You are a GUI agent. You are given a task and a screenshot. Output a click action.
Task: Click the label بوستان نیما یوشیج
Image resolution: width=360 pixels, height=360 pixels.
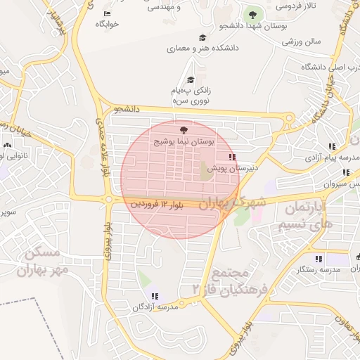pyautogui.click(x=184, y=141)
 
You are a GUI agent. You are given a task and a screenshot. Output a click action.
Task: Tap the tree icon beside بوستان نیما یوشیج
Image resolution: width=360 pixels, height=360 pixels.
pyautogui.click(x=184, y=130)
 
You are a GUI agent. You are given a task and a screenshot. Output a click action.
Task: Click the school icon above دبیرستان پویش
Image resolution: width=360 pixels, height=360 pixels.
pyautogui.click(x=232, y=157)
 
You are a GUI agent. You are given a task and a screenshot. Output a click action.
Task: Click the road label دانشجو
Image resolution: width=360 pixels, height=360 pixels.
pyautogui.click(x=128, y=109)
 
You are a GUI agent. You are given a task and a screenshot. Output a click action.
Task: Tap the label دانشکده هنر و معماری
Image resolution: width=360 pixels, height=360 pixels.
pyautogui.click(x=202, y=49)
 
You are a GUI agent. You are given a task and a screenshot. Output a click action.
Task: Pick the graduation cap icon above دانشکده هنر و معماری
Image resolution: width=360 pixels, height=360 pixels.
pyautogui.click(x=202, y=38)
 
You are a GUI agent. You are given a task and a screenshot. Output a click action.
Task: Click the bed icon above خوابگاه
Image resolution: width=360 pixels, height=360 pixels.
pyautogui.click(x=107, y=14)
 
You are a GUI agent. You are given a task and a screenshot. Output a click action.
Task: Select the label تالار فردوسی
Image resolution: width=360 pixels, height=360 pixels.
pyautogui.click(x=295, y=6)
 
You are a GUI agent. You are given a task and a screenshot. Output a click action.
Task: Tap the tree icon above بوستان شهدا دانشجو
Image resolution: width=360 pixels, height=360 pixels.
pyautogui.click(x=251, y=15)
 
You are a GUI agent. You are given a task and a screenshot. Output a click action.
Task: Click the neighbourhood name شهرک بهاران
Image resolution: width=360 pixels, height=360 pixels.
pyautogui.click(x=232, y=202)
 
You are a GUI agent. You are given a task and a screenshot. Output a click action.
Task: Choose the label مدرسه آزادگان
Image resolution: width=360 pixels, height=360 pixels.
pyautogui.click(x=155, y=307)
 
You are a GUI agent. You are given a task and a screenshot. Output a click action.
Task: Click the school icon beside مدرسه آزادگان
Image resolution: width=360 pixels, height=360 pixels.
pyautogui.click(x=155, y=296)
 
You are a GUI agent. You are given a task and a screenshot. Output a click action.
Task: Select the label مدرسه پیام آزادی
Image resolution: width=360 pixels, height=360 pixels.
pyautogui.click(x=327, y=159)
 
